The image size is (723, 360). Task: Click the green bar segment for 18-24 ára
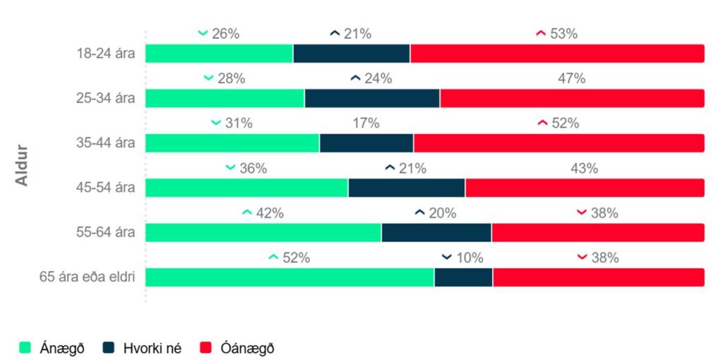[x=219, y=53]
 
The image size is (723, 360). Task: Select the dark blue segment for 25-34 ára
[x=372, y=98]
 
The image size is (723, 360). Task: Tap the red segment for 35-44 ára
[x=558, y=143]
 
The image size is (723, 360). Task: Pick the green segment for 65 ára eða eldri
[x=289, y=277]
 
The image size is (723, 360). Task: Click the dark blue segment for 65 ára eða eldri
[x=463, y=277]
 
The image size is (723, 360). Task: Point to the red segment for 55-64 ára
[x=598, y=232]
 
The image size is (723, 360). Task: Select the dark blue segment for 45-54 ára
[x=407, y=188]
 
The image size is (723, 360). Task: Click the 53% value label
[x=564, y=33]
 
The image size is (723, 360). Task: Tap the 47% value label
[x=572, y=78]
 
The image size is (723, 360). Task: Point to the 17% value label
[x=366, y=123]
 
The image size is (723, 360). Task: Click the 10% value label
[x=470, y=258]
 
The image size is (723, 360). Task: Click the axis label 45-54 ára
[x=106, y=188]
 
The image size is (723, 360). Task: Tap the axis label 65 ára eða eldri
[x=87, y=277]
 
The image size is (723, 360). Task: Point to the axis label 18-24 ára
[x=106, y=53]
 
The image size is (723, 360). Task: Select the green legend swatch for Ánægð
[x=26, y=347]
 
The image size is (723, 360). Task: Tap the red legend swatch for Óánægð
[x=206, y=347]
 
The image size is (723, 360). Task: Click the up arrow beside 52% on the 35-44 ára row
[x=542, y=123]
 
